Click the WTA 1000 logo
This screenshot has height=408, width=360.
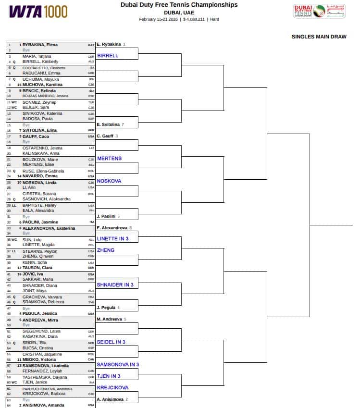[38, 12]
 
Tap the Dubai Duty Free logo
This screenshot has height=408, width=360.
[319, 12]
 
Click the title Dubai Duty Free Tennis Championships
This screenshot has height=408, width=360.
[179, 5]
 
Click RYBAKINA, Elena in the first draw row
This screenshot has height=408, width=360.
[40, 45]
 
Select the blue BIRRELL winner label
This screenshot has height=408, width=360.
[108, 56]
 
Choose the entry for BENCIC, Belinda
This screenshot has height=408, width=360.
[39, 90]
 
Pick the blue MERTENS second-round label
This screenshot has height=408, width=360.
[110, 159]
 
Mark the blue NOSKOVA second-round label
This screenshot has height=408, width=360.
[109, 181]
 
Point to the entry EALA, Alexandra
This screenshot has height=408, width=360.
[38, 210]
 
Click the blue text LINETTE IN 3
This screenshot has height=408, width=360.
[113, 238]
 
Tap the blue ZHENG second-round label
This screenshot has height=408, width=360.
[106, 250]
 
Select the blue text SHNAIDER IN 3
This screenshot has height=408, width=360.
[115, 285]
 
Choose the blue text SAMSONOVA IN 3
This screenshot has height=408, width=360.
[118, 365]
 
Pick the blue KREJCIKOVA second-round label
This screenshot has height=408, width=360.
[112, 387]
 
